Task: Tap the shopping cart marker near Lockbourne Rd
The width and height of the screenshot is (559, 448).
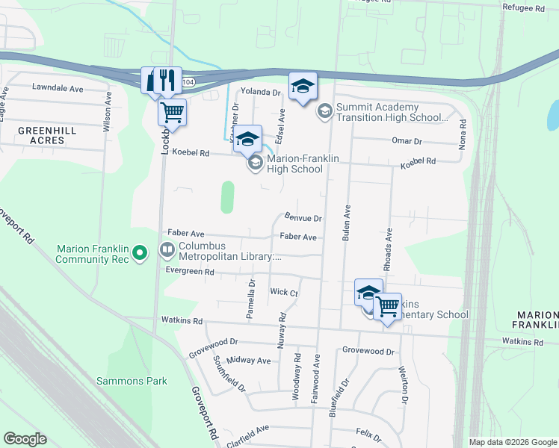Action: (x=172, y=113)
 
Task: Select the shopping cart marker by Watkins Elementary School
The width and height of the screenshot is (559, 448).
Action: (x=387, y=305)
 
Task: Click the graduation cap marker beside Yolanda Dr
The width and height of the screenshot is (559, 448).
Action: (x=303, y=87)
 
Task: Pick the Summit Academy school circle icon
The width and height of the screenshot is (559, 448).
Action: (x=325, y=112)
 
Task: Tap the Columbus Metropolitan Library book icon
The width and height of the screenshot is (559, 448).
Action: (x=167, y=249)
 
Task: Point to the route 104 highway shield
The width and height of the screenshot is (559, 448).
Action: (x=190, y=82)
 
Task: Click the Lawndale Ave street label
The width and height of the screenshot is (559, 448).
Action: (x=58, y=87)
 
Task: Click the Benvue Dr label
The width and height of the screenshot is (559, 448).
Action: (x=303, y=219)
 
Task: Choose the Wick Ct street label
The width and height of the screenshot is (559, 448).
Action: (x=284, y=293)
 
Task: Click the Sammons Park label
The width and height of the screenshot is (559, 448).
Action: (x=132, y=381)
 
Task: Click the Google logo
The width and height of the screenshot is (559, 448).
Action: (x=25, y=439)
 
